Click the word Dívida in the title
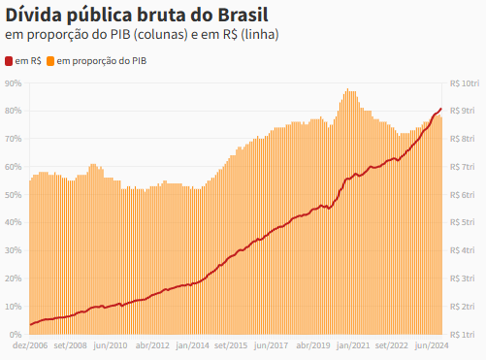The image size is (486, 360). pos(33,15)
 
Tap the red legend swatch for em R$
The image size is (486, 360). pos(9,61)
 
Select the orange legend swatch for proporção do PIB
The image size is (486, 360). pos(50,61)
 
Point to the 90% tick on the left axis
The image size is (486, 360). pos(14,83)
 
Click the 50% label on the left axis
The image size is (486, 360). pos(14,195)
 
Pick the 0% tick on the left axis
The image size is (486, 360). pos(16,335)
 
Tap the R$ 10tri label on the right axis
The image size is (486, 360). pos(465,83)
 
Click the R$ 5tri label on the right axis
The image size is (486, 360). pos(463,222)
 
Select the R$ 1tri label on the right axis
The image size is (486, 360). pos(463,335)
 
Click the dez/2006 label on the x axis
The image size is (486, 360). pos(30,345)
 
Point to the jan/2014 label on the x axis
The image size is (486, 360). pos(192,345)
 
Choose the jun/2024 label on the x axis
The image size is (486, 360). pos(432,345)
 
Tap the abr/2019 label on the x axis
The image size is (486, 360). pos(313,345)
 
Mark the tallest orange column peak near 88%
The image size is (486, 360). pos(347,89)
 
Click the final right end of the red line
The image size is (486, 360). pos(441,109)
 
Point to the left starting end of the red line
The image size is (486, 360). pos(31,324)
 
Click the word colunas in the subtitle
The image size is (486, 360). pos(162,35)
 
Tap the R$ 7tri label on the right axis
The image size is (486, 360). pos(463,167)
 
